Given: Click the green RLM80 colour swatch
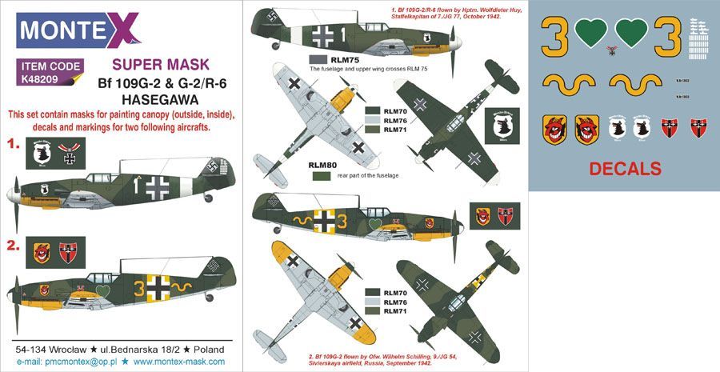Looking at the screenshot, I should [322, 175].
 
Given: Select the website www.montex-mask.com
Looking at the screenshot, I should [155, 362].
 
